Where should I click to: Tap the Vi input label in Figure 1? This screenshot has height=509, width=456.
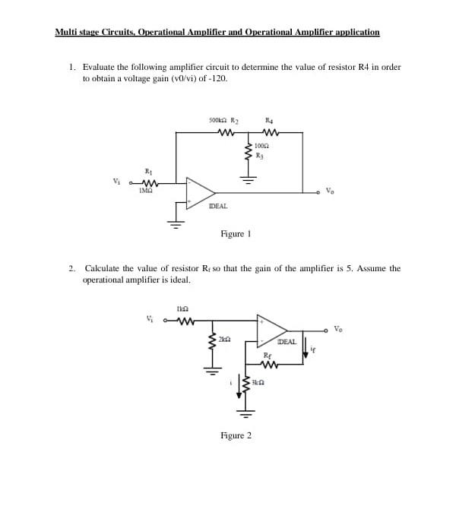point(116,182)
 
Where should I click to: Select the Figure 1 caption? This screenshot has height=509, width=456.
point(235,234)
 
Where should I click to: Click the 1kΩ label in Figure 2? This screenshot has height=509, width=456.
point(182,308)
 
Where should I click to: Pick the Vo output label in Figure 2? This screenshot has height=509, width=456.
point(338,329)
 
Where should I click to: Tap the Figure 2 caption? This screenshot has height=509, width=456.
point(235,435)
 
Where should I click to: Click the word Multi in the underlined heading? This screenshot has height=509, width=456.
point(66,32)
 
